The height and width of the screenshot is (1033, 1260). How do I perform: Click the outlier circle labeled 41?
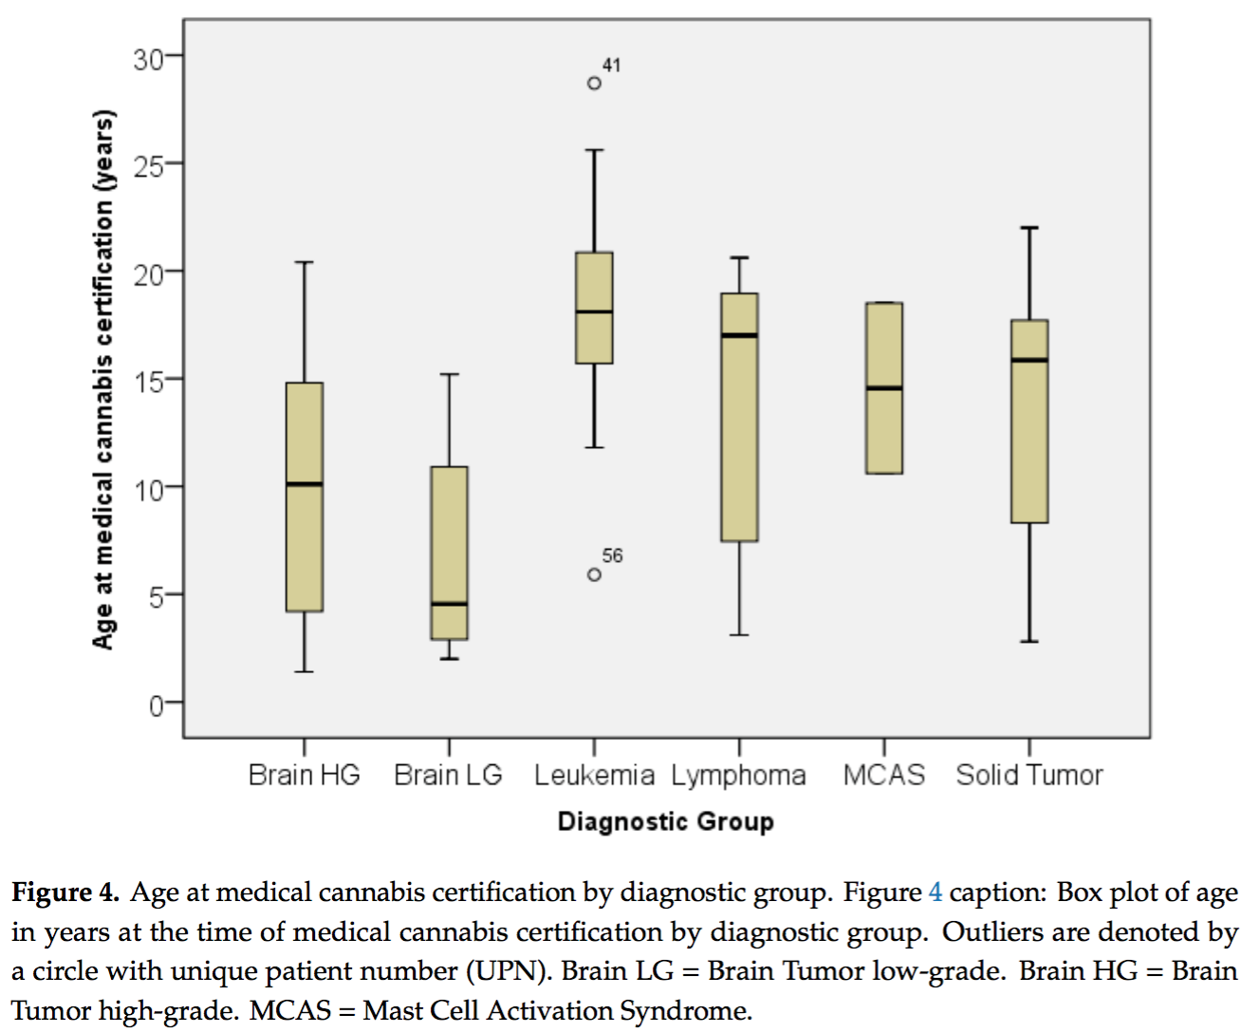click(x=594, y=84)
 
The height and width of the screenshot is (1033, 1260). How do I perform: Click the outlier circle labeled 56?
click(x=594, y=574)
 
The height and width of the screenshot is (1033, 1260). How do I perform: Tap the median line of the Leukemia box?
click(x=594, y=311)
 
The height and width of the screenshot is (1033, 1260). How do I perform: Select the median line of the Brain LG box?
click(x=449, y=604)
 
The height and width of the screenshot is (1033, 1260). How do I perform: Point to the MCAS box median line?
click(x=884, y=388)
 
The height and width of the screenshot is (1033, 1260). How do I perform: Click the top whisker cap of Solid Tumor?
click(x=1029, y=228)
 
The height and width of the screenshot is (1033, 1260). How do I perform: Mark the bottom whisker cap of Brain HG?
click(x=304, y=672)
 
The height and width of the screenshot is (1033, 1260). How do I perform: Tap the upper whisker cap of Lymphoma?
click(x=739, y=257)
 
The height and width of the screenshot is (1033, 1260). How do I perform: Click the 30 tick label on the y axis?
click(x=148, y=60)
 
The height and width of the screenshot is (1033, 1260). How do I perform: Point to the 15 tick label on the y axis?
click(x=148, y=381)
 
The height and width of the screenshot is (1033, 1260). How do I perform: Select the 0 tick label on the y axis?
click(x=156, y=705)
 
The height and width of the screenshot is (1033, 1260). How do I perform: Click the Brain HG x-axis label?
click(x=304, y=776)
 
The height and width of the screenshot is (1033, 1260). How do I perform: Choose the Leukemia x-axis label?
click(x=594, y=776)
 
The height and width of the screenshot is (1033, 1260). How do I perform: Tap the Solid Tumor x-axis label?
click(x=1029, y=776)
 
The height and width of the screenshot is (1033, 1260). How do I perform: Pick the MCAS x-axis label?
click(x=884, y=776)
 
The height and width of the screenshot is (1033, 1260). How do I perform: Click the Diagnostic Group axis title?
click(x=665, y=822)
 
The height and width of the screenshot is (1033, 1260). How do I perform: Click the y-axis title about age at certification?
click(x=103, y=380)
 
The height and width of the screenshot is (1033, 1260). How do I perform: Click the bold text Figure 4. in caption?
click(x=65, y=893)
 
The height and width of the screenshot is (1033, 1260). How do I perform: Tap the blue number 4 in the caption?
click(x=936, y=893)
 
